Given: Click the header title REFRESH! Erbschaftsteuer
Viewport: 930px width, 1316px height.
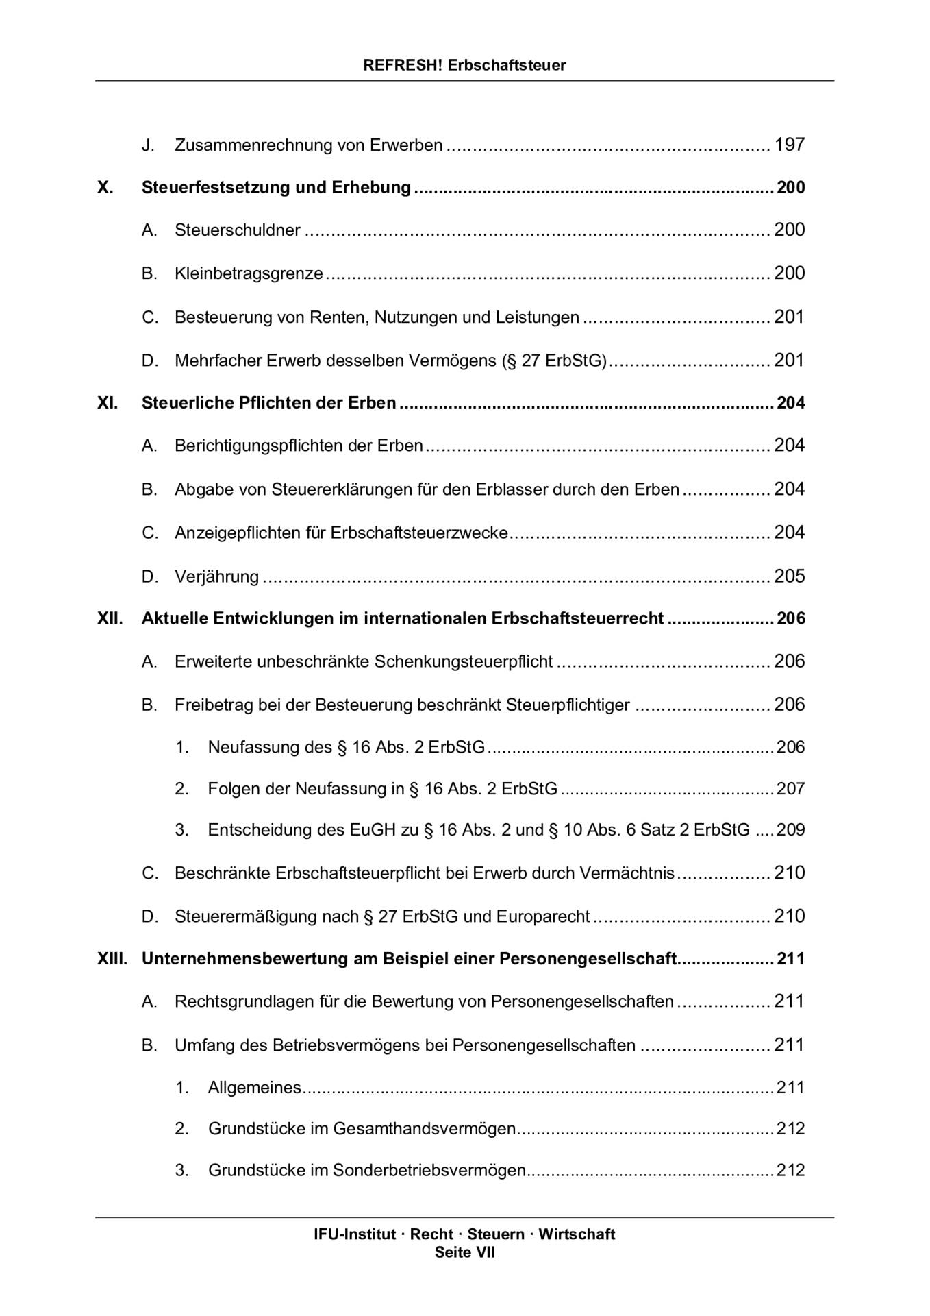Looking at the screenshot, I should click(x=464, y=65).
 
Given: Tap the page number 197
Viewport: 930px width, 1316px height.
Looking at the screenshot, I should click(x=789, y=145).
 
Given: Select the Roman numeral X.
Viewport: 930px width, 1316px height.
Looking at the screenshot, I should click(x=105, y=187).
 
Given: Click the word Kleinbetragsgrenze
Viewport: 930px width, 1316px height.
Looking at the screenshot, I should click(x=249, y=273).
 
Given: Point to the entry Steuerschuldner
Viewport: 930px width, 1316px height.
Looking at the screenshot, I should click(x=237, y=230).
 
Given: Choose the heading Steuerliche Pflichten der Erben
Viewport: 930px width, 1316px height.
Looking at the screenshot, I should click(x=268, y=402).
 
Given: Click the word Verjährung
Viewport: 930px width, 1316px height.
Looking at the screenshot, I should click(x=216, y=576).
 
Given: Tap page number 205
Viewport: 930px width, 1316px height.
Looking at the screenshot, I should click(x=789, y=576).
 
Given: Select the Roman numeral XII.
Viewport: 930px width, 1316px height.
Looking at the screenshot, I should click(x=110, y=618).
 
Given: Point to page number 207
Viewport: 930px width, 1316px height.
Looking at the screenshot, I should click(x=790, y=789).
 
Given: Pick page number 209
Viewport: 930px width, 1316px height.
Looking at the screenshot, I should click(x=790, y=830).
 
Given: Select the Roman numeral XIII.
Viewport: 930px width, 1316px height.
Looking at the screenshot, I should click(x=112, y=958).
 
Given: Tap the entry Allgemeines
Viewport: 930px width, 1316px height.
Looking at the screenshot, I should click(x=254, y=1088).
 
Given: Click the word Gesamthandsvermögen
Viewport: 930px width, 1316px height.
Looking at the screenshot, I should click(x=424, y=1128).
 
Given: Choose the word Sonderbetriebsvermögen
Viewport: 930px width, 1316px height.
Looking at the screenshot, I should click(x=429, y=1170).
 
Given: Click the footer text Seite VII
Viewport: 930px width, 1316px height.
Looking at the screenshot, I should click(x=464, y=1253).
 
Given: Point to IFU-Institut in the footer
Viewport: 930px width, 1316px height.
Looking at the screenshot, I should click(x=355, y=1234).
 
